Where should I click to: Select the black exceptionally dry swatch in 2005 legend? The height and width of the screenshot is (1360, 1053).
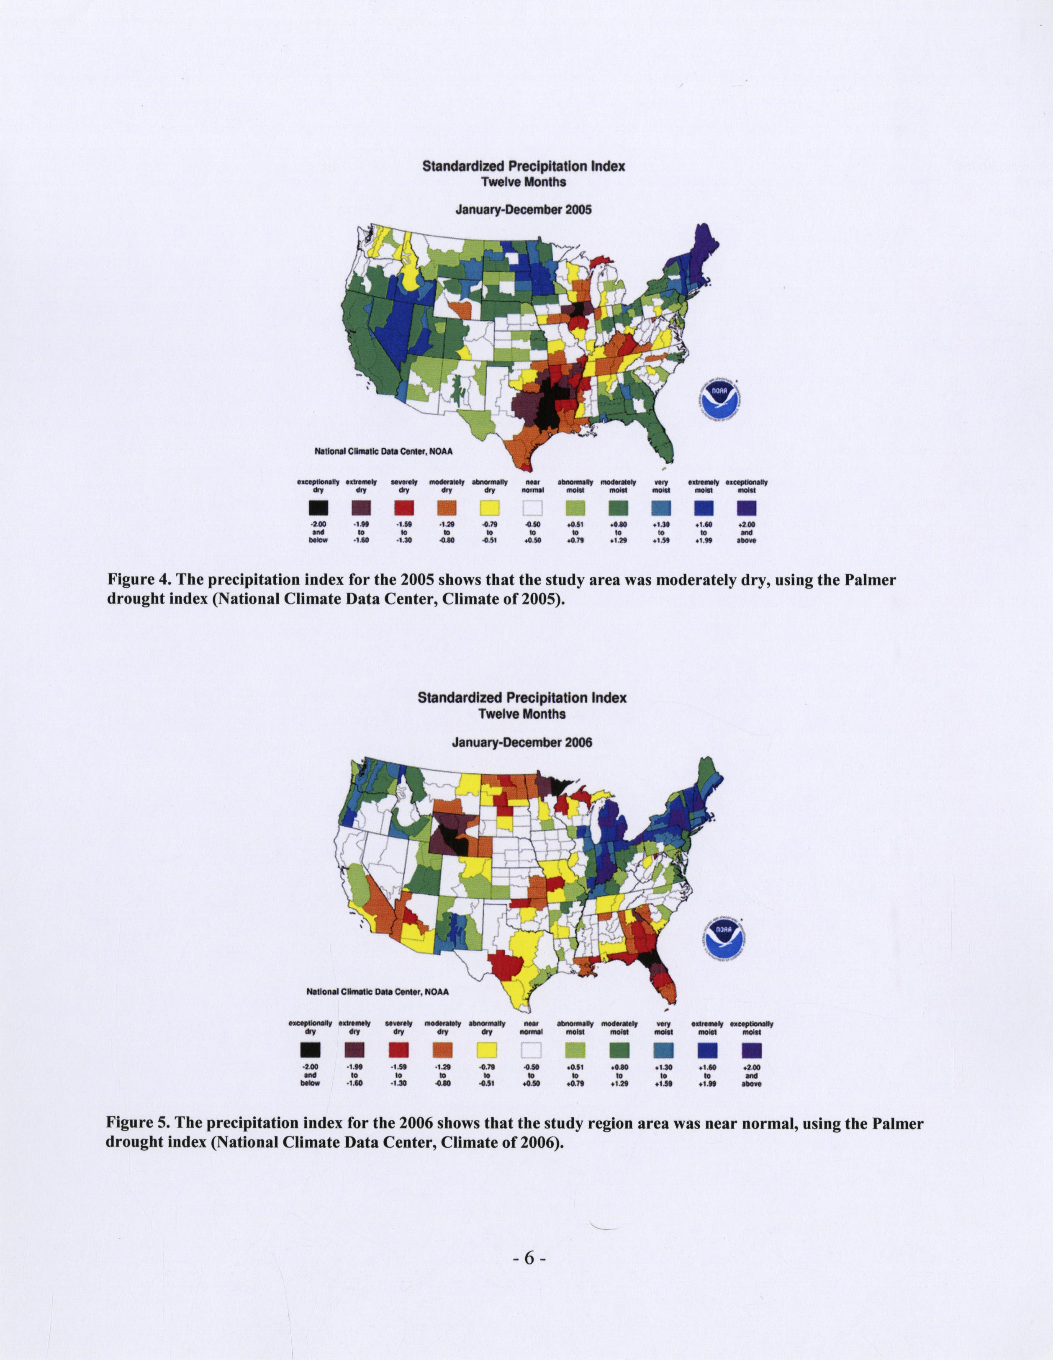(x=318, y=509)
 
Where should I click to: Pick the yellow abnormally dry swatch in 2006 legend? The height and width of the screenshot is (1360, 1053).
(x=487, y=1051)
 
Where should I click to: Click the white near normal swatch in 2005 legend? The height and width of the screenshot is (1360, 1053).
(x=532, y=509)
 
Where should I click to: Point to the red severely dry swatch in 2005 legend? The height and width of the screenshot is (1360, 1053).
(x=403, y=509)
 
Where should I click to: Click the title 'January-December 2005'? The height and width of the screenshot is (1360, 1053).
(x=523, y=210)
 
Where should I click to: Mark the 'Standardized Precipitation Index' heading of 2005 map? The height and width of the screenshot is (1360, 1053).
(x=523, y=166)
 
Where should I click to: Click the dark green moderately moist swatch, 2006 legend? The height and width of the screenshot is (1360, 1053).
(x=619, y=1051)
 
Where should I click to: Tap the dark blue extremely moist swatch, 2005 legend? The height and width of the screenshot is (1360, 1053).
(x=704, y=509)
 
